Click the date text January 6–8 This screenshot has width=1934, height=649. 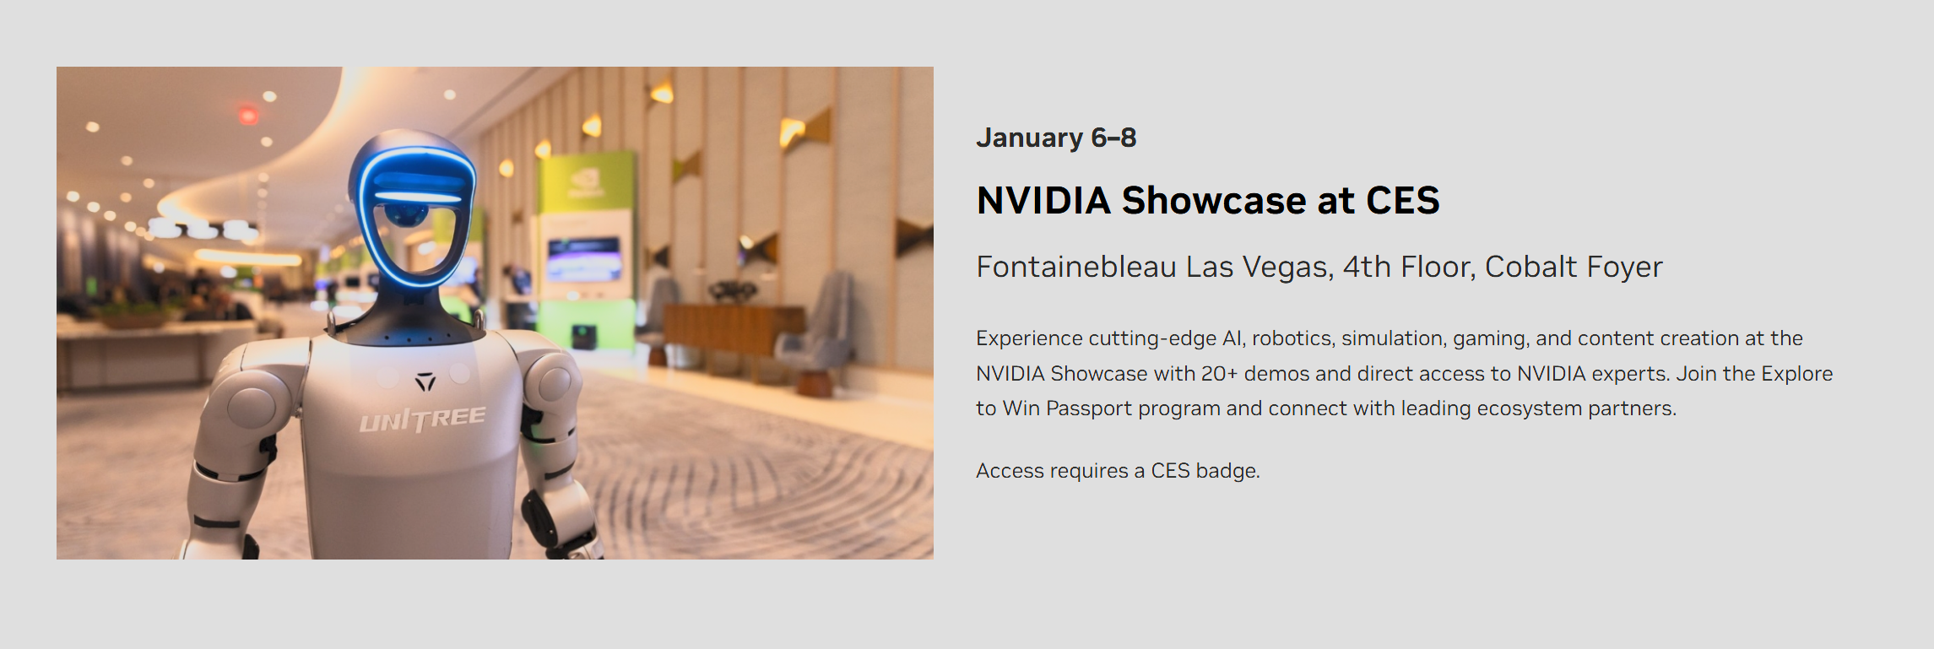pos(1056,138)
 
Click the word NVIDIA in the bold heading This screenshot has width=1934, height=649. pos(1043,201)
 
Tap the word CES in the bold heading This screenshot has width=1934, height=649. pos(1403,201)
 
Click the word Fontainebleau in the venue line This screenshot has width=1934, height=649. pos(1076,267)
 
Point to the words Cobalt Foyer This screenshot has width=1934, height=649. pos(1574,267)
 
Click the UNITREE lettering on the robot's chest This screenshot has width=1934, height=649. pos(422,419)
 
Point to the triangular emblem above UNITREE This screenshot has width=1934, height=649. pos(425,382)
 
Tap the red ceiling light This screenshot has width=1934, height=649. pos(248,115)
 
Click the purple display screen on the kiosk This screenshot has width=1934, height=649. pos(584,258)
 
